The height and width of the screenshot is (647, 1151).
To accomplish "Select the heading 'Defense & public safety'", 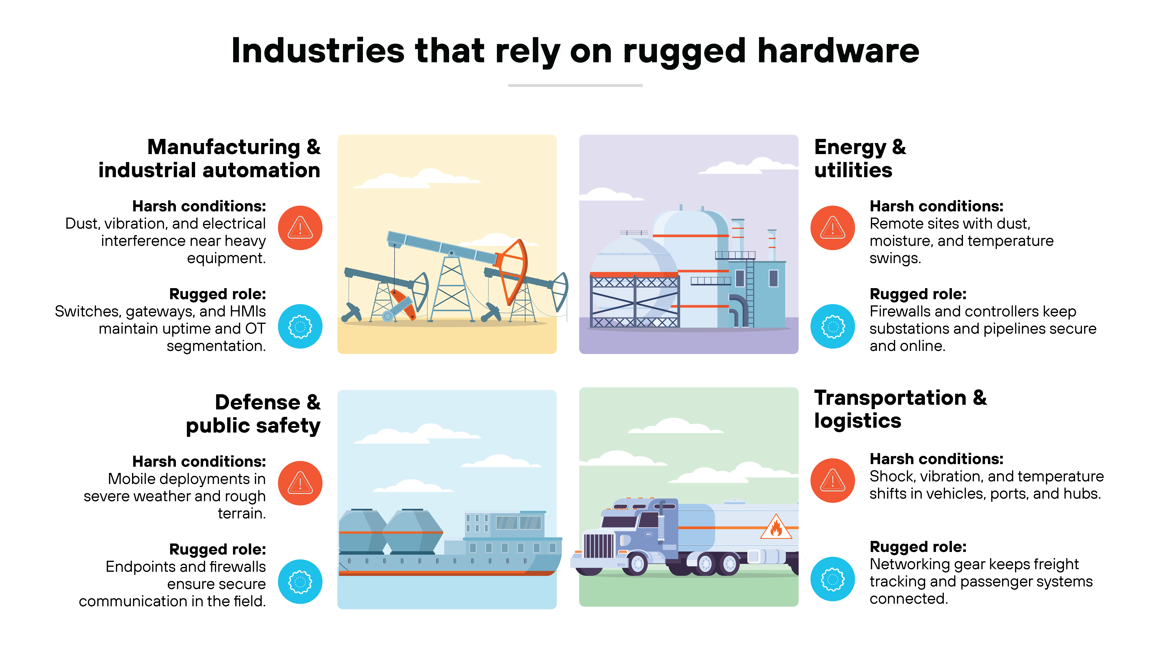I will (x=253, y=414).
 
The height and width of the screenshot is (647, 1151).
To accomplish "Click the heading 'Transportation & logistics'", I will (x=900, y=409).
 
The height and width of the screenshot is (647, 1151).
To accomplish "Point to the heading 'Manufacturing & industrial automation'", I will (x=210, y=159).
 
